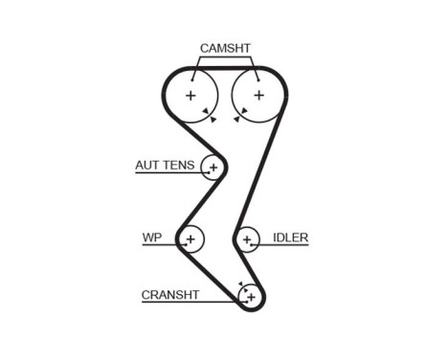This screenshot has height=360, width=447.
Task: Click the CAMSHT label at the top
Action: point(226,48)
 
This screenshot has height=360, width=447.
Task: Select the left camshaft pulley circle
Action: point(191,96)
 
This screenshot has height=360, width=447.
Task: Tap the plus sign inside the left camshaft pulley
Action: point(191,96)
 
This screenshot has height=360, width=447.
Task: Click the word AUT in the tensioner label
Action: point(147,166)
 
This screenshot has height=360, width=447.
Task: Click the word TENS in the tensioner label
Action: point(178,166)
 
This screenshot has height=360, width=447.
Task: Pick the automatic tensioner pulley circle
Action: point(212,169)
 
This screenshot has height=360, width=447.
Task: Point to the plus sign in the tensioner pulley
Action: point(212,169)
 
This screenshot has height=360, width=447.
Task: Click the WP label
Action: point(151,237)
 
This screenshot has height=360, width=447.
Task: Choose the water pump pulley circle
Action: point(191,238)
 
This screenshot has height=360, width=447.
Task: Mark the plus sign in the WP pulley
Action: point(191,238)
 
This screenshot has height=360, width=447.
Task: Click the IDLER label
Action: point(290,237)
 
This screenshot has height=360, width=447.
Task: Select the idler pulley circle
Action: point(248,238)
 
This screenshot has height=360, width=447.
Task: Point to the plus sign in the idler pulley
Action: point(248,238)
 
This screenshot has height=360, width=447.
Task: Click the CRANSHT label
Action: point(170,295)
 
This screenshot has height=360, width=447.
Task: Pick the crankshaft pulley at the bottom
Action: point(251,297)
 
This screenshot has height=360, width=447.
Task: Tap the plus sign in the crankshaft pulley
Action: point(251,297)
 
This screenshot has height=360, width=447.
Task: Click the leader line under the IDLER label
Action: point(287,245)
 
